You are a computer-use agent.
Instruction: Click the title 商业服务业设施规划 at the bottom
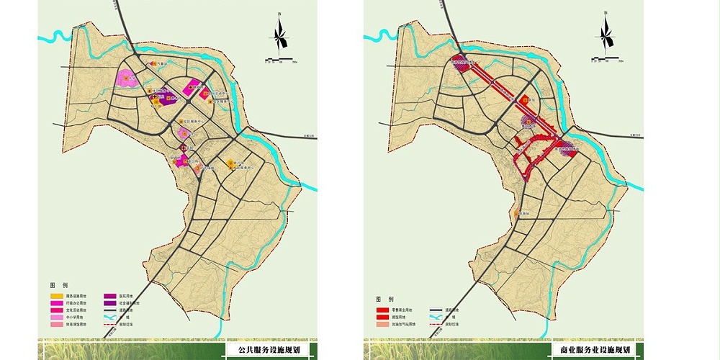[595, 350]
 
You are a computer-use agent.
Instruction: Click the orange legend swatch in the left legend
[55, 296]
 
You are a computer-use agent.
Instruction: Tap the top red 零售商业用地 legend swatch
[382, 309]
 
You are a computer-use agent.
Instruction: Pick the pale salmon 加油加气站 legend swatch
[382, 325]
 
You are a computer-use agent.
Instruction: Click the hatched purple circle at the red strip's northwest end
[459, 63]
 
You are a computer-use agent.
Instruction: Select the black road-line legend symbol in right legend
[439, 309]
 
